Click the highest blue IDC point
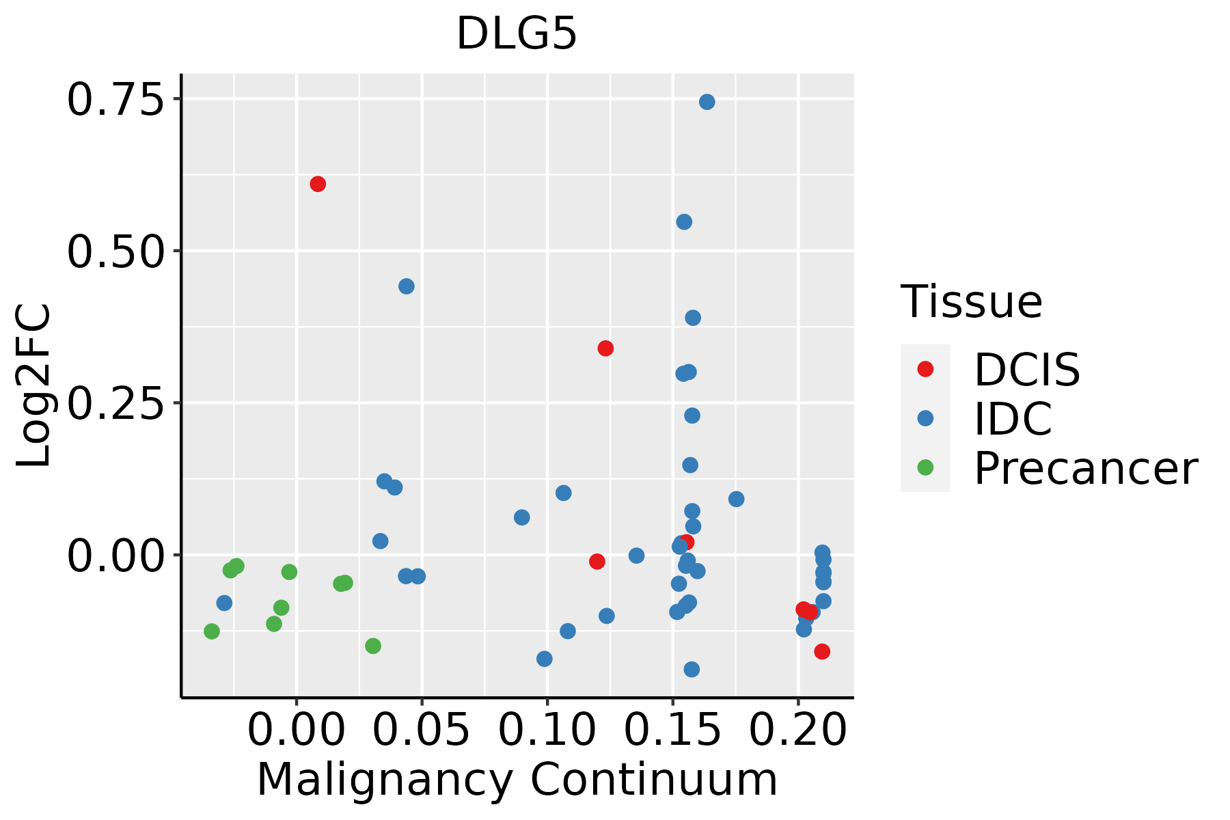[x=707, y=102]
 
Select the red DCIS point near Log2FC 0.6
[x=318, y=184]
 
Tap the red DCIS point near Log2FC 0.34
[x=605, y=348]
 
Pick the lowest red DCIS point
[x=822, y=651]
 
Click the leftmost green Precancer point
[x=212, y=631]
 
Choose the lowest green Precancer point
[x=373, y=646]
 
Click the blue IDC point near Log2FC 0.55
[x=684, y=222]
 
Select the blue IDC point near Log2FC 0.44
[x=407, y=286]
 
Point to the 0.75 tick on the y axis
[x=116, y=100]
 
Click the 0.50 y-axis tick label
[x=116, y=251]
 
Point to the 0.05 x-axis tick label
[x=422, y=730]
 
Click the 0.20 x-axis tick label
[x=798, y=730]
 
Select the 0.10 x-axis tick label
[x=547, y=730]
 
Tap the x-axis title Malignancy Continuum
[x=517, y=780]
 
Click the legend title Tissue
[x=971, y=301]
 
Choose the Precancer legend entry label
[x=1085, y=469]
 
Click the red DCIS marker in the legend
[x=925, y=369]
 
